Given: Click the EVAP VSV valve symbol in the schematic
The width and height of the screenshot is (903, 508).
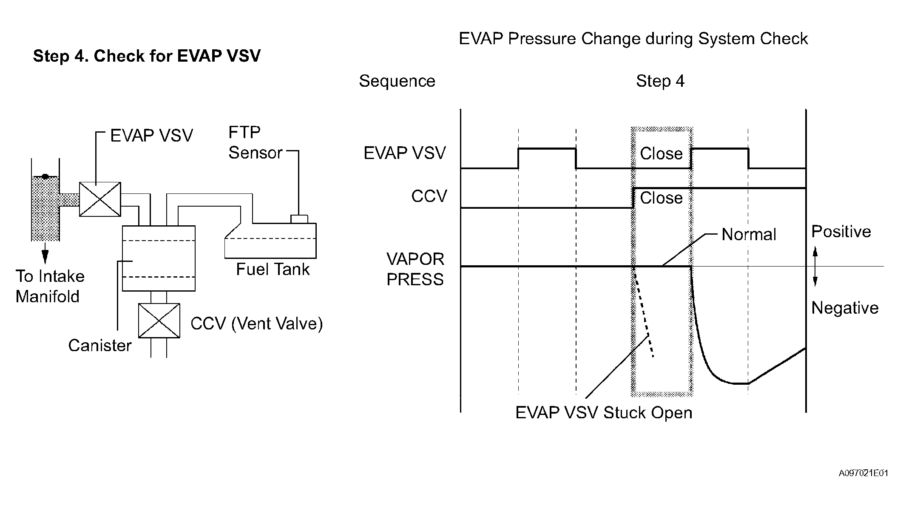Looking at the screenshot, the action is (x=100, y=199).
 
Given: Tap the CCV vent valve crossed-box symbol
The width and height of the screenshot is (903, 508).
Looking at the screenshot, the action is (x=159, y=321).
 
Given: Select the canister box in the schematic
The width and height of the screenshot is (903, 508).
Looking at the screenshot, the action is (x=159, y=258).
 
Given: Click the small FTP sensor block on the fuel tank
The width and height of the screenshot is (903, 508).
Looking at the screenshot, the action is (x=299, y=219).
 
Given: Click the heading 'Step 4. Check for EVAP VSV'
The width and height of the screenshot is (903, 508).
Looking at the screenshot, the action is (x=147, y=56).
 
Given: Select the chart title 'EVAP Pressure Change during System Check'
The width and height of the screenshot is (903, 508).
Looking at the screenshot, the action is (x=633, y=39).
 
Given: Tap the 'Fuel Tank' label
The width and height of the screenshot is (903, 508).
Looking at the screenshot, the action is (x=273, y=269).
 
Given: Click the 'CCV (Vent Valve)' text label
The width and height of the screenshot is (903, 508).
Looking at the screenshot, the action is (x=257, y=324).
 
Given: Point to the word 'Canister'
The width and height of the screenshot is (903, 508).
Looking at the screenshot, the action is (x=100, y=345).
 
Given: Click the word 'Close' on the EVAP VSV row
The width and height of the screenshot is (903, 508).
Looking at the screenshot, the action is (x=661, y=153).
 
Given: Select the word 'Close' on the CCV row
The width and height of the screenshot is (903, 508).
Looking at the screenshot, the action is (x=661, y=198).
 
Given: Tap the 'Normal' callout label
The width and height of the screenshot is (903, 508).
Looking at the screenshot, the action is (x=749, y=234).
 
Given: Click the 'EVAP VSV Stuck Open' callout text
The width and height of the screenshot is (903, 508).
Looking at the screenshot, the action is (x=604, y=413).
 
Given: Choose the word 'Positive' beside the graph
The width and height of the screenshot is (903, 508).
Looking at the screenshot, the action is (x=841, y=231).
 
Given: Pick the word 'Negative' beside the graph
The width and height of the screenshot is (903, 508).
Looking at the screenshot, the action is (x=845, y=308).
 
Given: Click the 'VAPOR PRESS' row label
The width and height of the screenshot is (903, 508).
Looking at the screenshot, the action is (x=415, y=269).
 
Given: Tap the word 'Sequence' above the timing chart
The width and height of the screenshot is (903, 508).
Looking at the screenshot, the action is (x=397, y=81).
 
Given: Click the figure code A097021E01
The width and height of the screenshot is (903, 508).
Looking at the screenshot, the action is (x=863, y=473).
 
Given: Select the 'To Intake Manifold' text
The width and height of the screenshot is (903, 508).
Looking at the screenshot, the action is (x=50, y=286).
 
